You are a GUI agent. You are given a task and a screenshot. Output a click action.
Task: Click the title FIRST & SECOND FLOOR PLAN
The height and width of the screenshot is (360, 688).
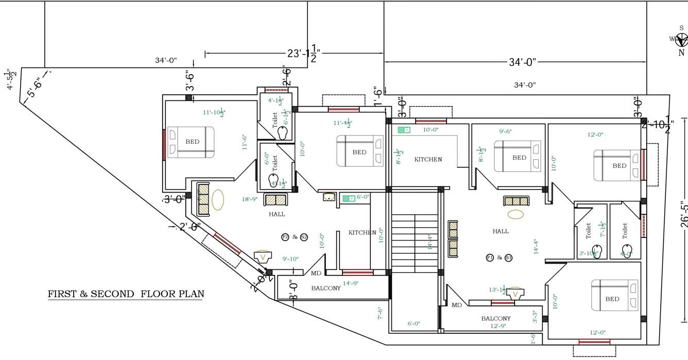(x=126, y=294)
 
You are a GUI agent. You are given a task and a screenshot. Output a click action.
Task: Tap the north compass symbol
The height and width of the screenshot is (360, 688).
(x=681, y=40)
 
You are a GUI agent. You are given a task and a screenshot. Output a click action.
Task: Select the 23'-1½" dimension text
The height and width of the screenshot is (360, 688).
(x=304, y=53)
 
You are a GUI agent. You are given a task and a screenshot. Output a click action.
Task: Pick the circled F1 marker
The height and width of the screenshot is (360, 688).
(x=490, y=258)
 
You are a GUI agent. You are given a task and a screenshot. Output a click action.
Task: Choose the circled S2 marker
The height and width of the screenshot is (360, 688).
(x=304, y=237)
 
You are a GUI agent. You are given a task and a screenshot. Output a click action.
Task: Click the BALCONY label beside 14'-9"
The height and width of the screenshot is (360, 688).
(x=325, y=288)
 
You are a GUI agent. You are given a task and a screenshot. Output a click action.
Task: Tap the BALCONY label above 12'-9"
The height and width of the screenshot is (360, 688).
(x=496, y=318)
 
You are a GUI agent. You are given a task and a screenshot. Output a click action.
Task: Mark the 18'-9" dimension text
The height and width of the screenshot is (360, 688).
(x=250, y=199)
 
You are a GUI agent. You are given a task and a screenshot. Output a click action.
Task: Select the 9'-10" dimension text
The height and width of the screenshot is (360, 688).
(x=290, y=259)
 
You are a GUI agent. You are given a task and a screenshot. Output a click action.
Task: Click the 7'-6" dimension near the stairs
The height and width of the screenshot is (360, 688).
(x=381, y=313)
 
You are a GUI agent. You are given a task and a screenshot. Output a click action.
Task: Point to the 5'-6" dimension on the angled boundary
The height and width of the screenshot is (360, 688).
(x=34, y=85)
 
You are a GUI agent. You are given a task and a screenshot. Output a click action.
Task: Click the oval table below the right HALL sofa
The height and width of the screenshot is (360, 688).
(x=515, y=214)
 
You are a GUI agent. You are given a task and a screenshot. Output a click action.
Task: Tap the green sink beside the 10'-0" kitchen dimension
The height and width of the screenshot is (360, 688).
(x=404, y=130)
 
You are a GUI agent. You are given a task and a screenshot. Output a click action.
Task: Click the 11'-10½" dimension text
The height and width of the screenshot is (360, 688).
(x=214, y=112)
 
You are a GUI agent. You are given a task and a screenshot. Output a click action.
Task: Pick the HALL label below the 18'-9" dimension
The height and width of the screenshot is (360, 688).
(x=277, y=214)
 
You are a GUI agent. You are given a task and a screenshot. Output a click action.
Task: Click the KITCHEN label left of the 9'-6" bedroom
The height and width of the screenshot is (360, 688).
(x=428, y=160)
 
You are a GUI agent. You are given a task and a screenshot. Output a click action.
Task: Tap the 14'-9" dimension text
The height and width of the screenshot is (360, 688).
(x=350, y=283)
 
